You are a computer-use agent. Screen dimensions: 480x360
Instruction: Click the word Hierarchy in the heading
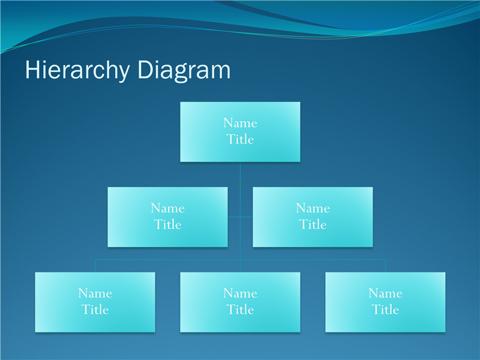tap(77, 71)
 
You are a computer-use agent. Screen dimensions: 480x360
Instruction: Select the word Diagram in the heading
tap(184, 71)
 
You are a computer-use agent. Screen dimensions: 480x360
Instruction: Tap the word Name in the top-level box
tap(241, 123)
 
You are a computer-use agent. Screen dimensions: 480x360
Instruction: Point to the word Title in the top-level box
tap(241, 139)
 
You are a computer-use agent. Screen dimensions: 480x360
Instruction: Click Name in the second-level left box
tap(168, 208)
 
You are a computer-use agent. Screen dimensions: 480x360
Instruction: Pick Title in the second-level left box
tap(168, 224)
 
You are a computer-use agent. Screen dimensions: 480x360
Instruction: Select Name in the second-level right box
tap(313, 208)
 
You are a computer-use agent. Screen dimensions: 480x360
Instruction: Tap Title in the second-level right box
tap(313, 224)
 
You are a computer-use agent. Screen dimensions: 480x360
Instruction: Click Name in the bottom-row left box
tap(95, 293)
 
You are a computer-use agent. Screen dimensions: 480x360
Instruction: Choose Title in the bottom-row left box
tap(95, 310)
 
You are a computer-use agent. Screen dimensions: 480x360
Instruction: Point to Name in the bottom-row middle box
tap(241, 293)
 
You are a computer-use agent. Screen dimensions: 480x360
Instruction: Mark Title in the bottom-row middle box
tap(241, 310)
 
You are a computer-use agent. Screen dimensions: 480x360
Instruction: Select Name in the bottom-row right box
tap(385, 293)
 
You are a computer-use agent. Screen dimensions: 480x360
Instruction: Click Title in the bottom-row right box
tap(385, 310)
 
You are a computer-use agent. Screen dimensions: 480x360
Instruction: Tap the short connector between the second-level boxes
tap(241, 217)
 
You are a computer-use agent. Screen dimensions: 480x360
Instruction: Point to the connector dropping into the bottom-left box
tap(95, 266)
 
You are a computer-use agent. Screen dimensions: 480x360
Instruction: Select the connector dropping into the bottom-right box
tap(385, 266)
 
